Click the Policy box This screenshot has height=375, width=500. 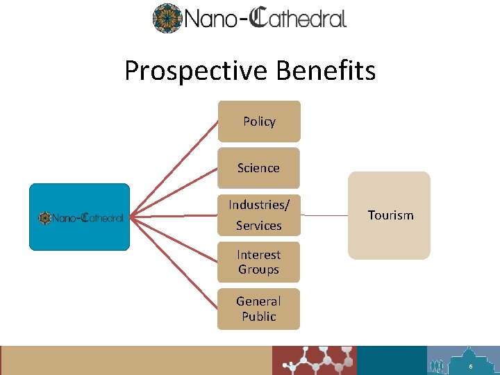[x=259, y=122]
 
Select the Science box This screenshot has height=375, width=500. [x=258, y=168]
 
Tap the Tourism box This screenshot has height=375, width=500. [x=389, y=215]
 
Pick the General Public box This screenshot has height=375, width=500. [x=258, y=309]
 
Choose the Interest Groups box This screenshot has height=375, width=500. [x=258, y=262]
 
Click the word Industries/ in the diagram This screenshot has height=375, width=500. [x=259, y=205]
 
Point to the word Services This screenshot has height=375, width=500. [x=258, y=226]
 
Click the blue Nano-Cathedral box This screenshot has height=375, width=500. [x=79, y=217]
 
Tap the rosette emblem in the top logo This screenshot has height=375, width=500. [x=167, y=18]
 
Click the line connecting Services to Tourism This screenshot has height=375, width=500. [x=324, y=215]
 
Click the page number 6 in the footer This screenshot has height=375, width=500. [x=471, y=366]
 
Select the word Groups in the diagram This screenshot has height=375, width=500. [x=258, y=269]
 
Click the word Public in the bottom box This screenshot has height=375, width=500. [x=259, y=317]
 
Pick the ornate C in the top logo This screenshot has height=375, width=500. [x=260, y=17]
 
